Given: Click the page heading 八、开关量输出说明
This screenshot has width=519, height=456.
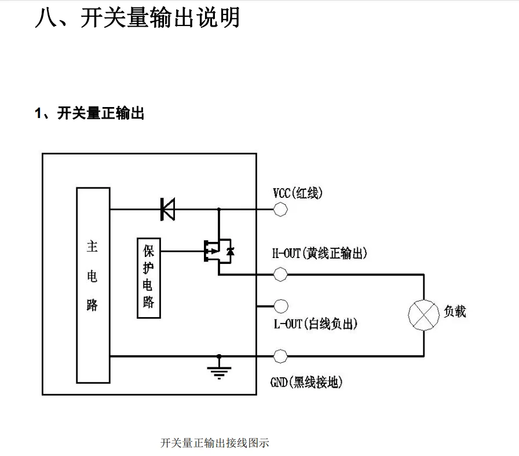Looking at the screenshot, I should pos(137,18).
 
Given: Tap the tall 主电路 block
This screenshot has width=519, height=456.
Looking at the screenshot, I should pos(93,285).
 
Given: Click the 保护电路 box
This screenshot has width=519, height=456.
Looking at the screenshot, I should pos(148,278).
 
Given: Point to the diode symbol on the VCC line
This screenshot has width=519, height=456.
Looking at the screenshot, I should pos(167,209).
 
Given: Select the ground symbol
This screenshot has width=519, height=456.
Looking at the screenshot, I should pos(218,371).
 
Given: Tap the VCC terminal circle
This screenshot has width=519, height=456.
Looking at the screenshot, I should pos(280,209).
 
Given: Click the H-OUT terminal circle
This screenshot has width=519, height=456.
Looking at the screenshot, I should pos(280,274).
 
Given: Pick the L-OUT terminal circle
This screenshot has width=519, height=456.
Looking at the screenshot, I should pos(280,306).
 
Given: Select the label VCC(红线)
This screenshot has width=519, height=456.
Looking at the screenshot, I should pos(297,193).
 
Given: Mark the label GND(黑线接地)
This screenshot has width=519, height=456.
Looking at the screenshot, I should pos(307,383).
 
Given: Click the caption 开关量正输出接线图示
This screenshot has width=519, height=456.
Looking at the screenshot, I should pos(215,443).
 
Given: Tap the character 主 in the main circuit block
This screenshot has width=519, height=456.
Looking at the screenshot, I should pos(92,247).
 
